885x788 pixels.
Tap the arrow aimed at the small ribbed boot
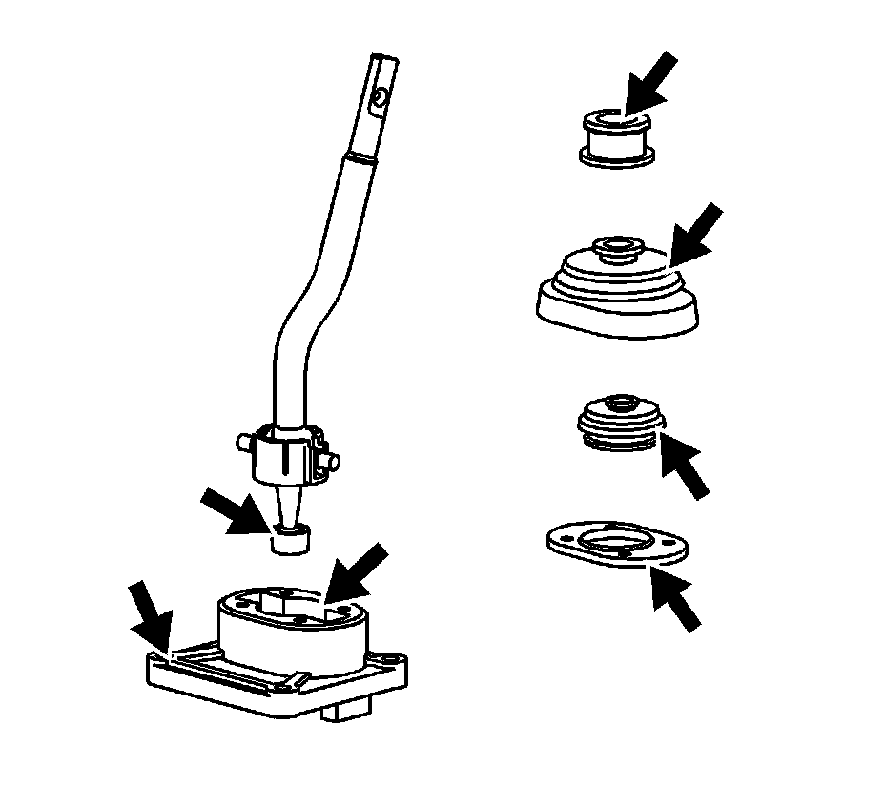point(681,462)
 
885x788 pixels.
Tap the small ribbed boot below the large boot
point(618,422)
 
